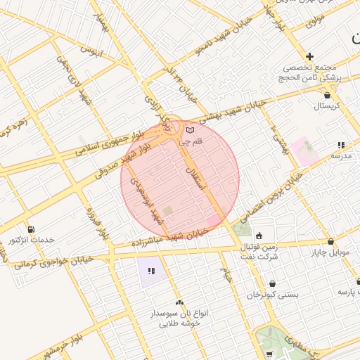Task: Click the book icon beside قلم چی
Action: pyautogui.click(x=190, y=130)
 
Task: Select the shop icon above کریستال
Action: pyautogui.click(x=327, y=94)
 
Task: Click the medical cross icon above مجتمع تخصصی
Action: pyautogui.click(x=309, y=56)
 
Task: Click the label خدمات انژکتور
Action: pyautogui.click(x=31, y=240)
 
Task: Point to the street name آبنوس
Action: pyautogui.click(x=91, y=51)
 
